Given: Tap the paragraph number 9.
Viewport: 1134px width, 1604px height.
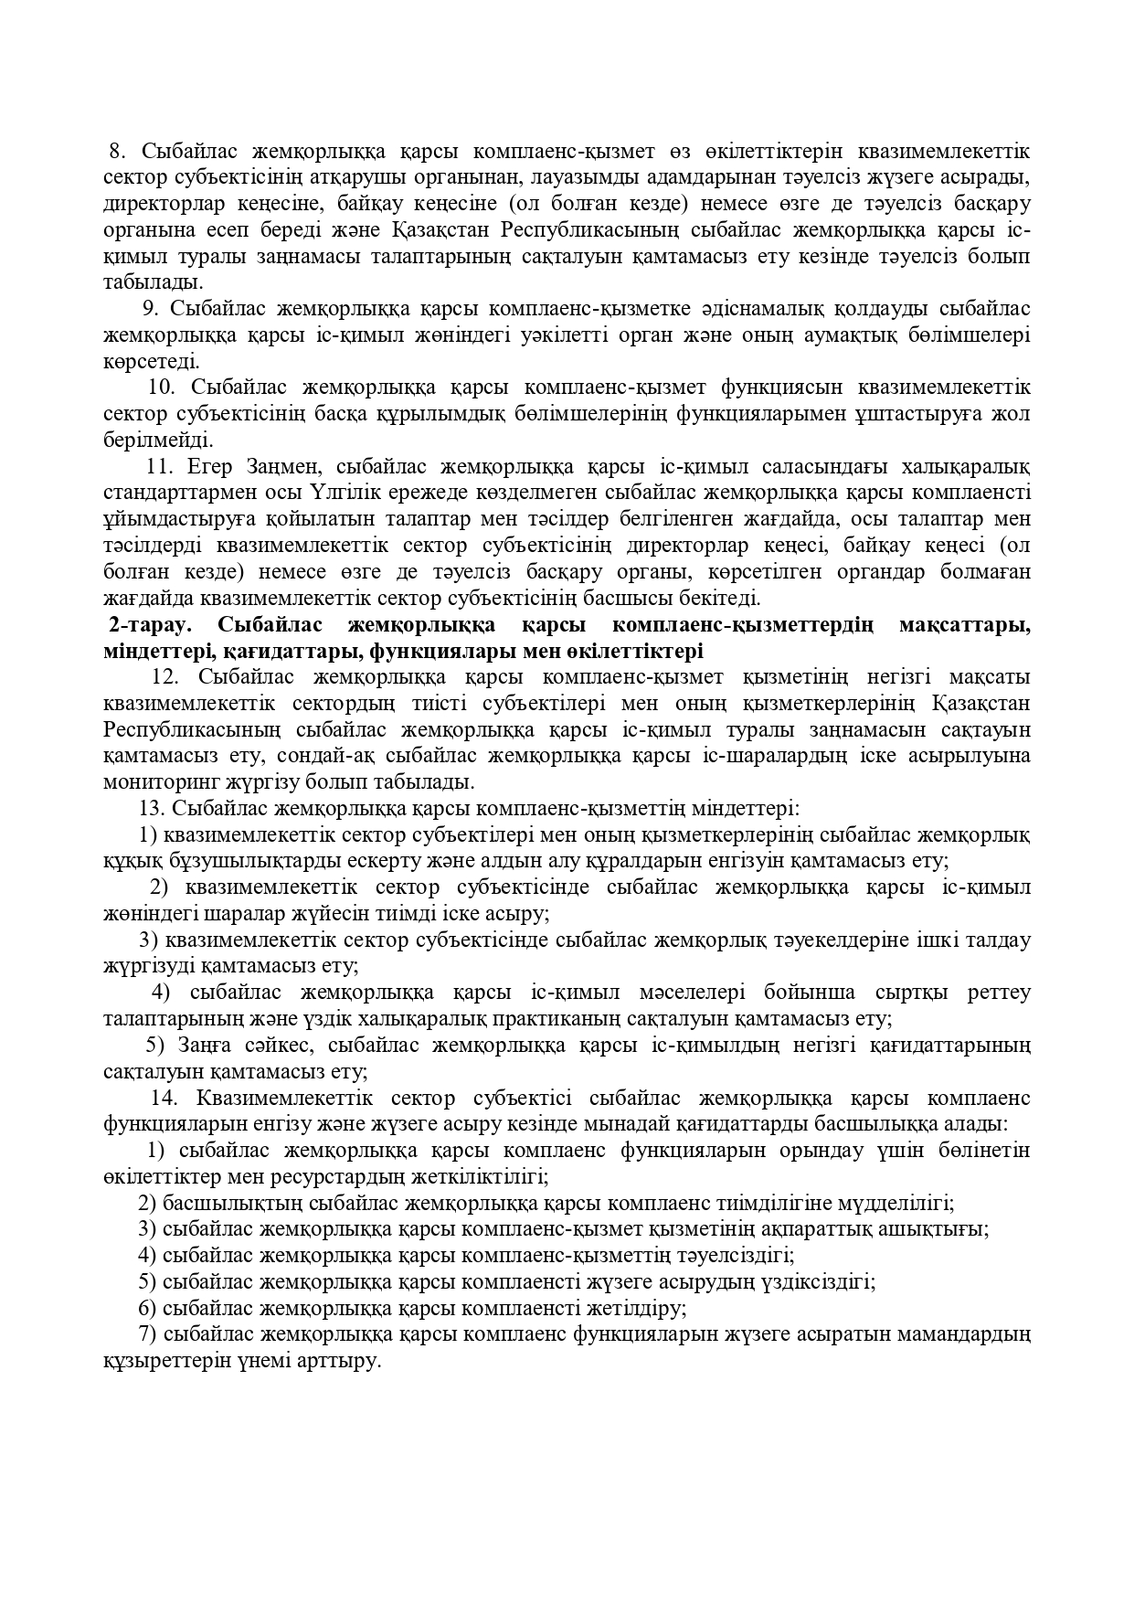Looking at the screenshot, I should click(152, 308).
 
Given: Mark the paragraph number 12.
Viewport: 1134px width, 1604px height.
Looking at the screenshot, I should click(164, 677).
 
